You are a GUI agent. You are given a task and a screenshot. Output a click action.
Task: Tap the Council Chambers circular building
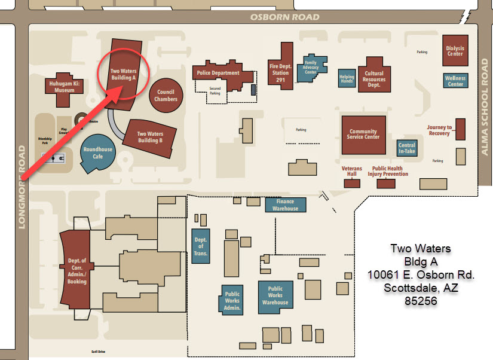tap(166, 96)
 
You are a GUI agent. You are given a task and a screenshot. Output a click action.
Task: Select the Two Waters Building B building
tap(150, 137)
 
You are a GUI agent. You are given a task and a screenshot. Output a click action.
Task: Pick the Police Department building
tap(218, 74)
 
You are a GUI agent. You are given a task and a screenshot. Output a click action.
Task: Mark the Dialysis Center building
tap(455, 51)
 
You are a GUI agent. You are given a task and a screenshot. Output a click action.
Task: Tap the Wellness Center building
tap(455, 81)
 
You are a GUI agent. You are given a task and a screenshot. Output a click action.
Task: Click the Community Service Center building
tap(363, 135)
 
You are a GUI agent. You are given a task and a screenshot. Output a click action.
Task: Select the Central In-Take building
tap(406, 148)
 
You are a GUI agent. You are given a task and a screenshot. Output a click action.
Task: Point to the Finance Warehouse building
tap(285, 205)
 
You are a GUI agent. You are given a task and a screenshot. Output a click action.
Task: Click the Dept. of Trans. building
tap(200, 246)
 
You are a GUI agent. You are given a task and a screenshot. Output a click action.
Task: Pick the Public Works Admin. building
tap(232, 301)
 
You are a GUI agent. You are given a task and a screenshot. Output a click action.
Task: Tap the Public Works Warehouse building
tap(275, 295)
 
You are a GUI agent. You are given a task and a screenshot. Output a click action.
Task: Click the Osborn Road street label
tap(284, 17)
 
